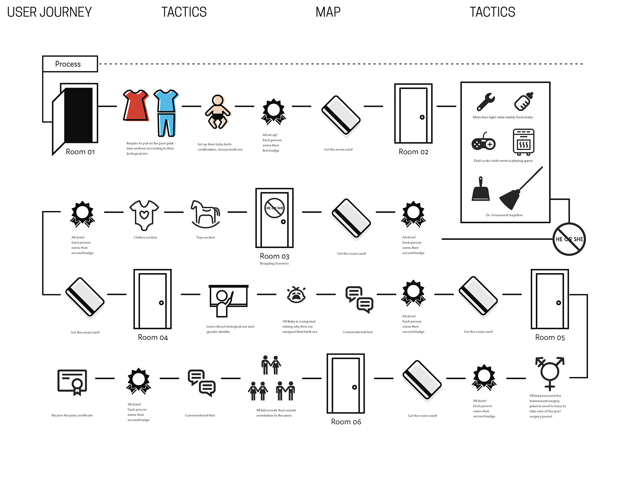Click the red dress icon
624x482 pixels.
[136, 105]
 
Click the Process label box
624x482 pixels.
[70, 64]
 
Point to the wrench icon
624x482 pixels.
[486, 102]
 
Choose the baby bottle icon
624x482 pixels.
[524, 101]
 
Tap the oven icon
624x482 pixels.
[523, 142]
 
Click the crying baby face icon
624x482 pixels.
[296, 295]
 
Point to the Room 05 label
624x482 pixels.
[550, 337]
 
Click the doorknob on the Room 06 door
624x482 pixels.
[355, 387]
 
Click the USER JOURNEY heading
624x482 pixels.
[49, 12]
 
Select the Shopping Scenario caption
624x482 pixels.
[274, 263]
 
